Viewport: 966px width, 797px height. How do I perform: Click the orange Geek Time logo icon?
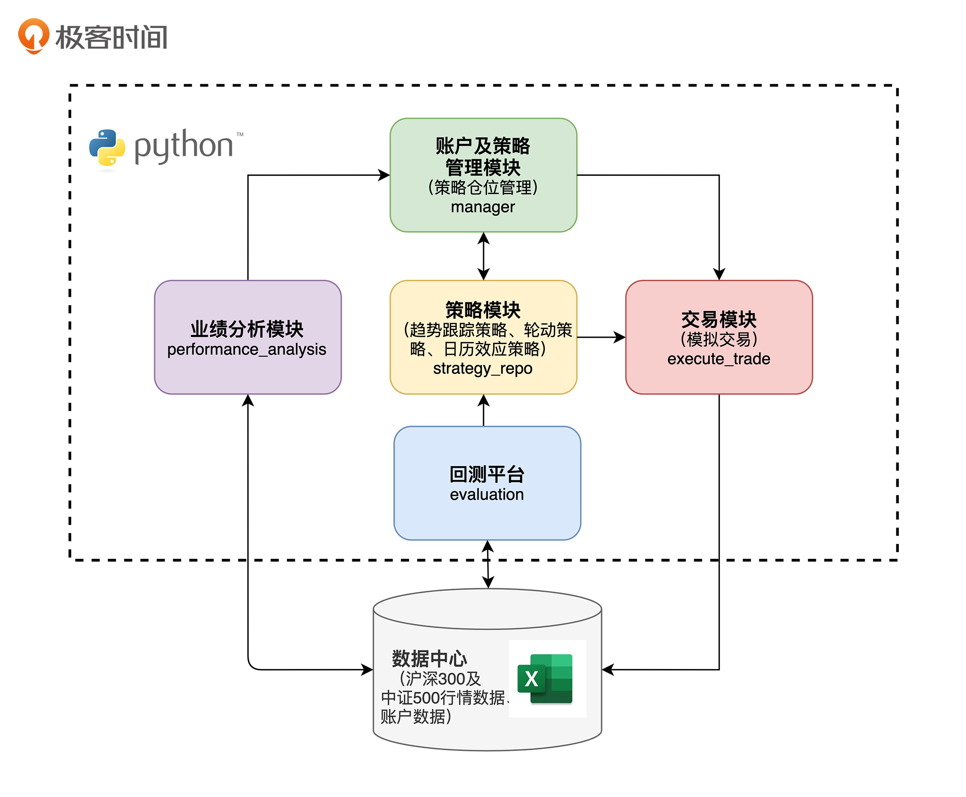[33, 36]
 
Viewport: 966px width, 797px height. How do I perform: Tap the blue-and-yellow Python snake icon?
[107, 147]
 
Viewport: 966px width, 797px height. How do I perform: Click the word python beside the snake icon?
[183, 146]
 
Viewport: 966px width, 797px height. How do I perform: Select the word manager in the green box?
[483, 207]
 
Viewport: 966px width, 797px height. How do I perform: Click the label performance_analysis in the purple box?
[247, 349]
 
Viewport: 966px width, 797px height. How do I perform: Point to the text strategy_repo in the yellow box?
[483, 368]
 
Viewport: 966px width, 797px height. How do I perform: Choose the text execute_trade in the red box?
[718, 359]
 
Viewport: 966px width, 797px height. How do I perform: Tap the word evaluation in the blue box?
[487, 495]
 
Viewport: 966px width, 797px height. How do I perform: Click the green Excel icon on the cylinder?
[545, 678]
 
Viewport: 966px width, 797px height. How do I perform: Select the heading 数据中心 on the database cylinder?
[429, 659]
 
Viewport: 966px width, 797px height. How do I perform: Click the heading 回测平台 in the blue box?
[487, 474]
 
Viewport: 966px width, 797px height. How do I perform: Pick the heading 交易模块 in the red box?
[718, 320]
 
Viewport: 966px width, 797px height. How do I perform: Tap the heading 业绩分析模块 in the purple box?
[247, 329]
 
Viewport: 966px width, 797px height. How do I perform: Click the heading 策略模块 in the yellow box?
[483, 310]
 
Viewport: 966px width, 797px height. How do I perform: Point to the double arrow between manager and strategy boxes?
[483, 256]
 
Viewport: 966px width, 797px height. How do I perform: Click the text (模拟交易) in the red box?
[718, 339]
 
